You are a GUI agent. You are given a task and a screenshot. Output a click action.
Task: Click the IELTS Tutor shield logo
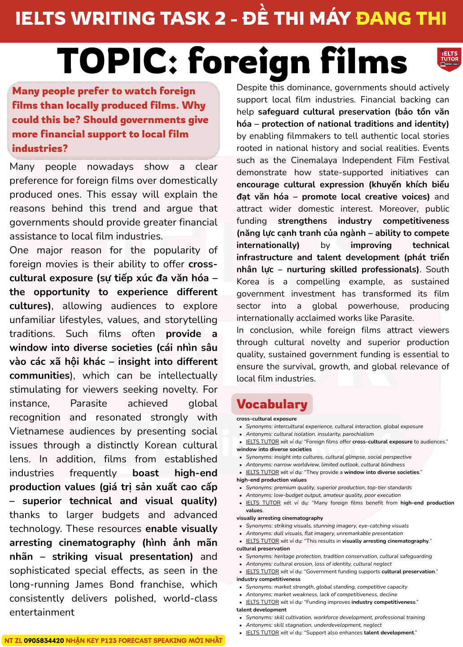click(x=449, y=59)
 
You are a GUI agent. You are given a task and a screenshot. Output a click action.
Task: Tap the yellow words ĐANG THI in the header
click(x=401, y=19)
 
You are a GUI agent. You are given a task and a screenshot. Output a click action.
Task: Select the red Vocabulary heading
click(x=272, y=404)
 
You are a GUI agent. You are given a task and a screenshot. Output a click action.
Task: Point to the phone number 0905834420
click(x=44, y=640)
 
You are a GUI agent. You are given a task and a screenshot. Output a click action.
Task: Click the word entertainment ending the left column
click(x=42, y=612)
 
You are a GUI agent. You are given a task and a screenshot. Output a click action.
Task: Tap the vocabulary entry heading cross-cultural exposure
click(x=266, y=419)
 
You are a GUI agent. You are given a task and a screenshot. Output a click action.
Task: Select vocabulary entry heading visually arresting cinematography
click(x=280, y=518)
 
